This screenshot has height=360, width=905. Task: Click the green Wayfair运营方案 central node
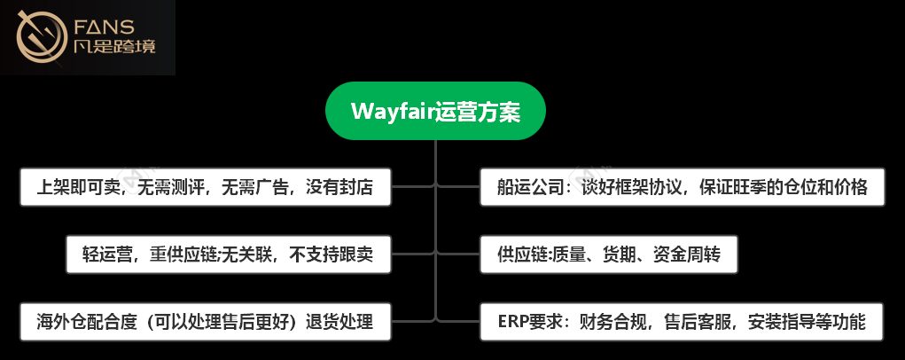pos(435,112)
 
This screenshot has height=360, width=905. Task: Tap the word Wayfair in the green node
pos(392,113)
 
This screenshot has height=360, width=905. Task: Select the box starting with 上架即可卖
pos(205,187)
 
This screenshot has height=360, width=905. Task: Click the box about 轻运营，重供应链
pos(228,254)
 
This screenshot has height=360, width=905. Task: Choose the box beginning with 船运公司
pos(682,187)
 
